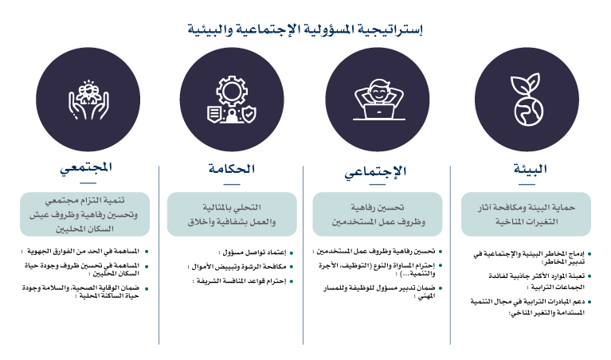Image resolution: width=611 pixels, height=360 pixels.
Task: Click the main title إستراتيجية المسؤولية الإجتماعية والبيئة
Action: click(x=305, y=29)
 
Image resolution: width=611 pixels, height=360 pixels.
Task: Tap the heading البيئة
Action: click(x=530, y=169)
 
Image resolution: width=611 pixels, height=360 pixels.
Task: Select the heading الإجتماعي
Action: click(x=375, y=171)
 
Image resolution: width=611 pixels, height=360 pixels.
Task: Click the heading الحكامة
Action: click(x=232, y=169)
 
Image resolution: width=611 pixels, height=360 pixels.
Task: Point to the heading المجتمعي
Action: click(x=86, y=168)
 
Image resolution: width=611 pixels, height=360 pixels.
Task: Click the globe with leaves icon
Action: click(x=527, y=100)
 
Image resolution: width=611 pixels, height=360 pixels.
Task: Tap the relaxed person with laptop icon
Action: click(x=379, y=100)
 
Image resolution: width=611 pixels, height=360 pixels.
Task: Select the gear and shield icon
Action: click(x=232, y=100)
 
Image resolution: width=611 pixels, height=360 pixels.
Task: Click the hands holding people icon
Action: click(x=88, y=100)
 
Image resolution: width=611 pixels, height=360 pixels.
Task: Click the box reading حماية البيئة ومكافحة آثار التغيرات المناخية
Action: click(x=526, y=214)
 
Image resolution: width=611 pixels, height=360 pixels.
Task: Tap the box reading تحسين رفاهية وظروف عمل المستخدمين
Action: click(x=378, y=214)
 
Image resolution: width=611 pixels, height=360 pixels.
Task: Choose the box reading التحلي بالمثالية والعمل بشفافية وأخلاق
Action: click(x=232, y=214)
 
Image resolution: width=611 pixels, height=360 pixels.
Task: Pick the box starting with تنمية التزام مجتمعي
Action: click(x=85, y=214)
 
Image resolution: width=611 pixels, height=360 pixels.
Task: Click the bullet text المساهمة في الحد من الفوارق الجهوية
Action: click(x=80, y=252)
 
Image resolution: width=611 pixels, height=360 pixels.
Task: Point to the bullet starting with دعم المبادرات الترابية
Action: click(x=527, y=307)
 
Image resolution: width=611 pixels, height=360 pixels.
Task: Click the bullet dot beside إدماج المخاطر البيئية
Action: click(x=589, y=254)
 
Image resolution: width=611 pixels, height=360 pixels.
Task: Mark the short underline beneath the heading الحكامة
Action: click(x=232, y=184)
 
